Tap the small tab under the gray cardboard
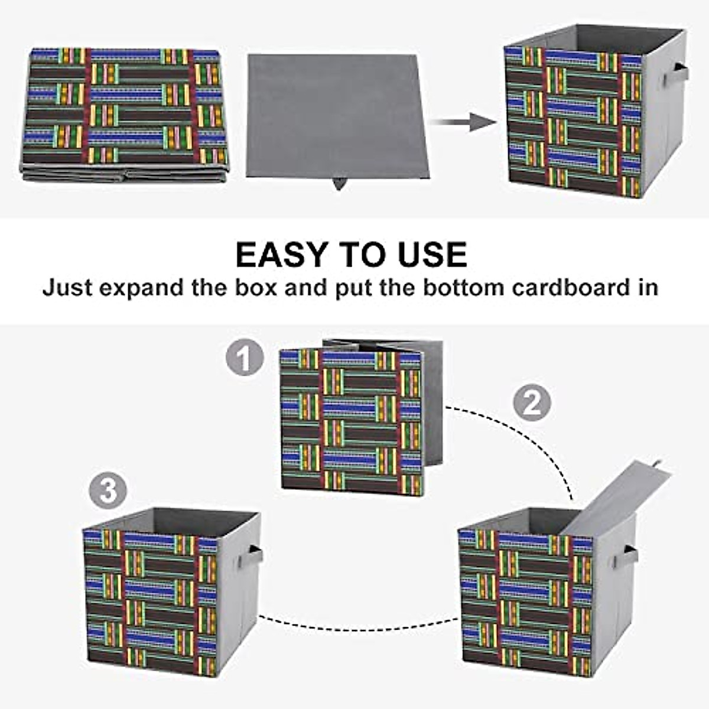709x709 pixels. tap(339, 184)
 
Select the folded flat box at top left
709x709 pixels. tap(125, 112)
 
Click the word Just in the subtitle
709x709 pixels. tap(66, 288)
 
